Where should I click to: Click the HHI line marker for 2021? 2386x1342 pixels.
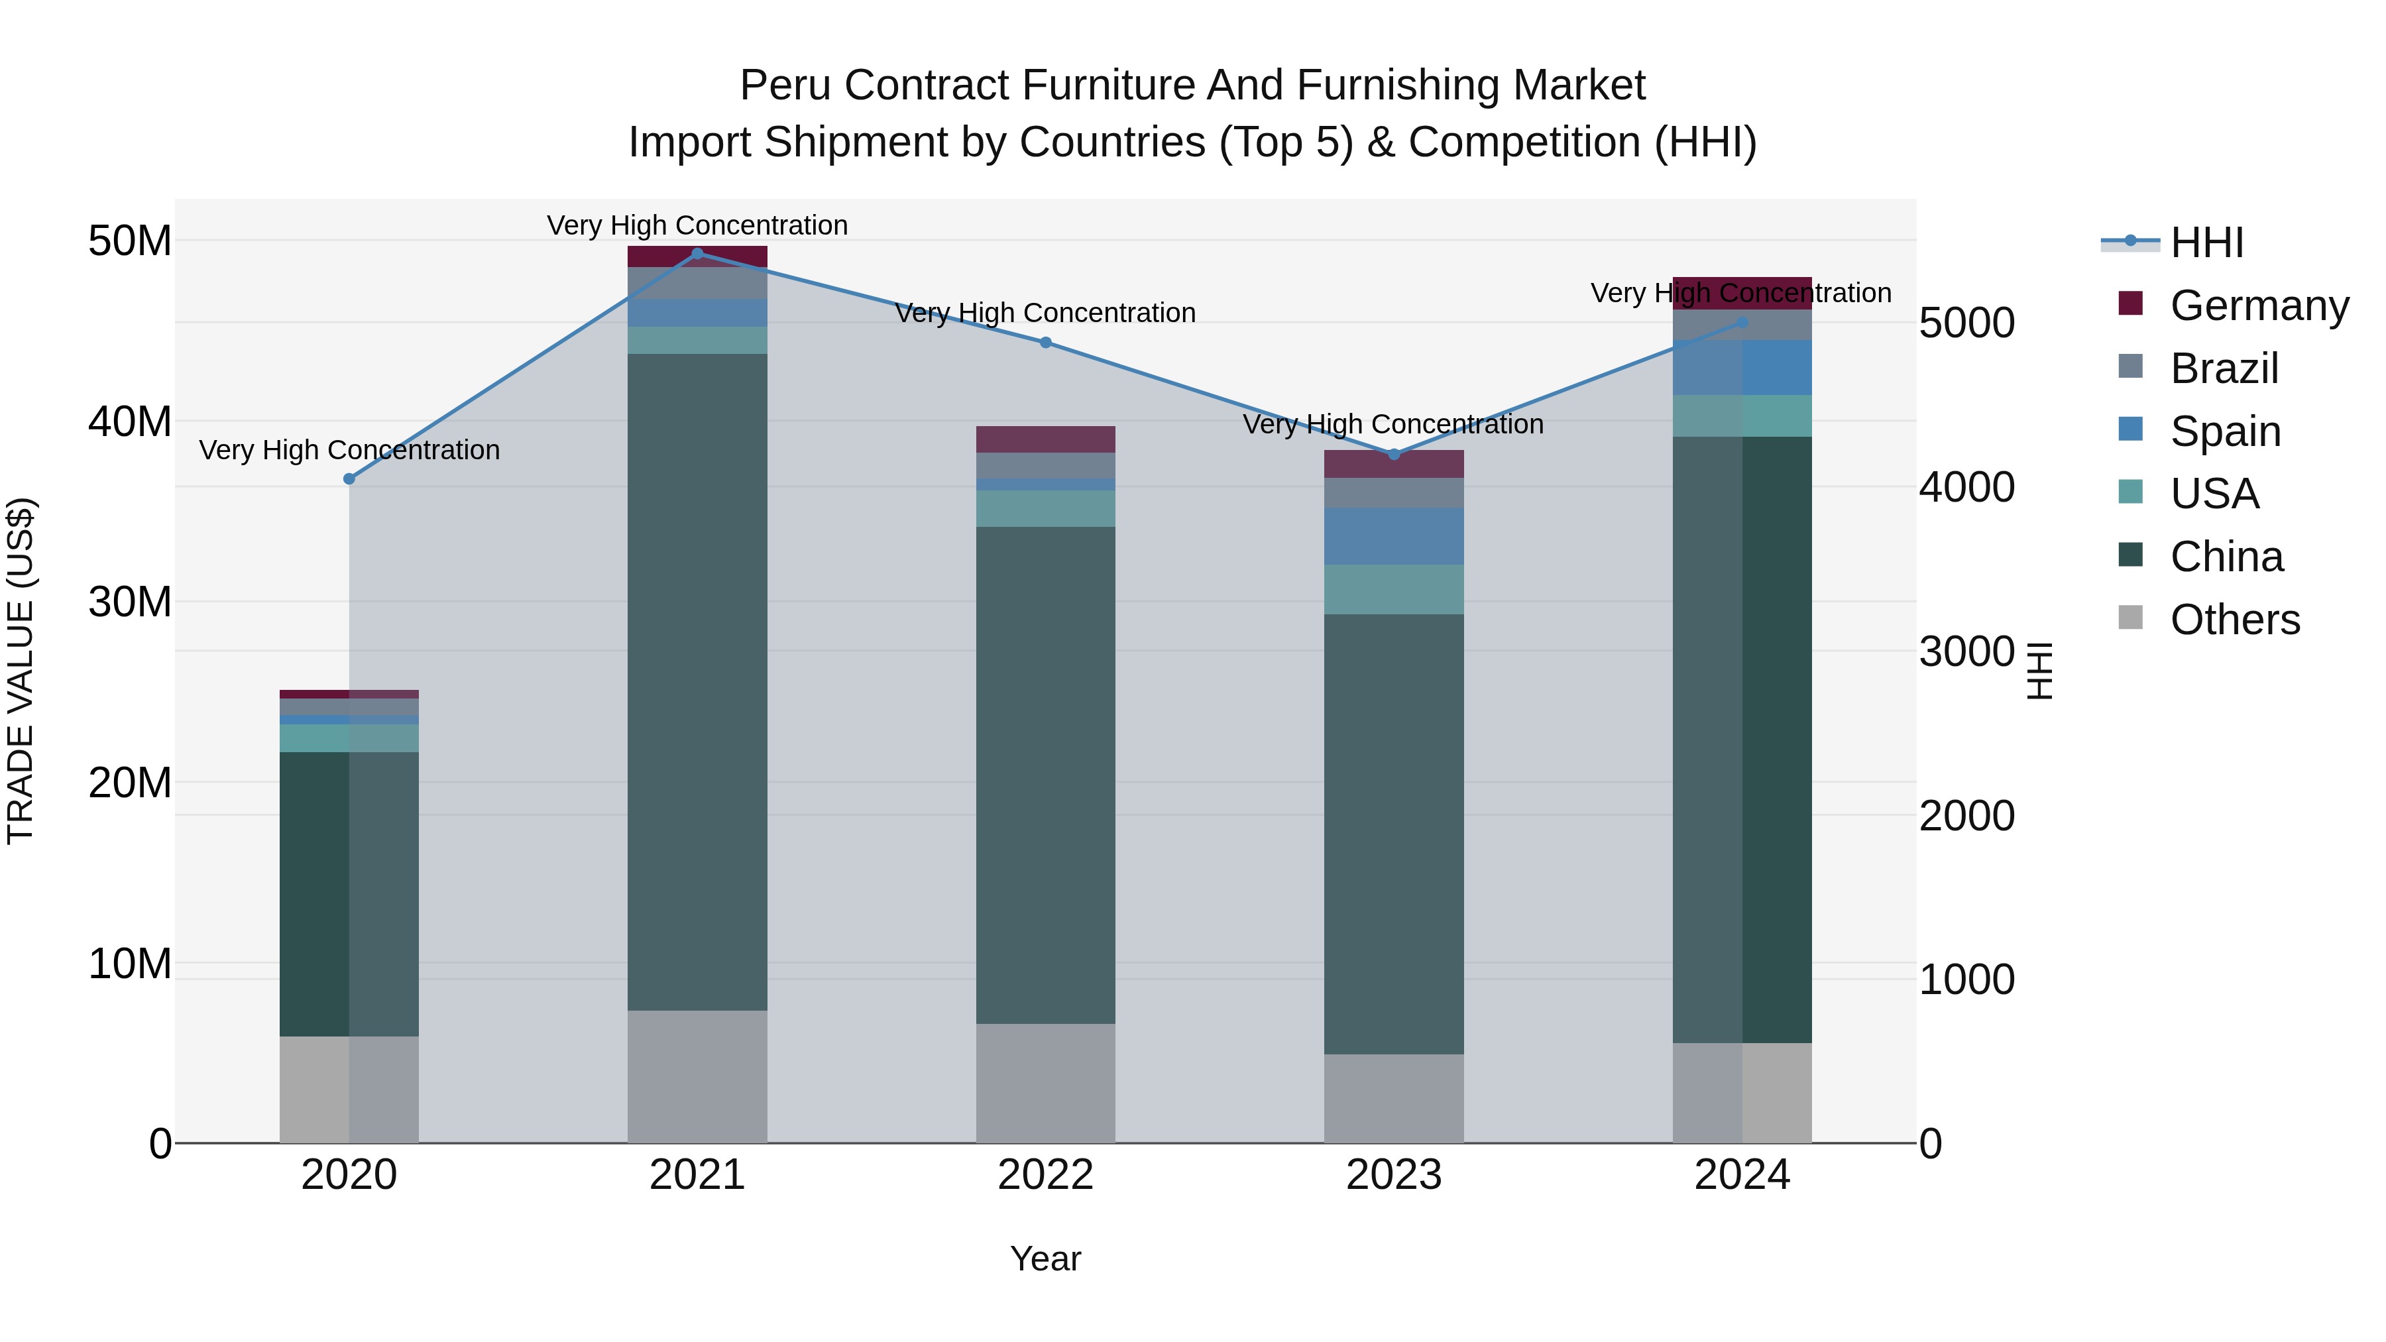[x=697, y=253]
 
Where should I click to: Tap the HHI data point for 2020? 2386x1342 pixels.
[x=349, y=479]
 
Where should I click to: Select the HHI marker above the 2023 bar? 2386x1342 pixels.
[x=1394, y=454]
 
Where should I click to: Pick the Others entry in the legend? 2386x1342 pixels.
[x=2234, y=620]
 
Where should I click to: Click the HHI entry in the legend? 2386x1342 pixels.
[x=2206, y=243]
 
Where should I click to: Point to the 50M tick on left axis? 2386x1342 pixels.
[x=130, y=241]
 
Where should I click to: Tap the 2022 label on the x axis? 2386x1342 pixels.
[x=1046, y=1175]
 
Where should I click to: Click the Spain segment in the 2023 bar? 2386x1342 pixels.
[x=1394, y=535]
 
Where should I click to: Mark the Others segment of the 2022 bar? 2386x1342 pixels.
[x=1046, y=1083]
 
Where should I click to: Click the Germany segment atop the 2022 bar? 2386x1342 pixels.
[x=1046, y=439]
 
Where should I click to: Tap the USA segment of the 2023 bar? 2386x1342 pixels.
[x=1394, y=589]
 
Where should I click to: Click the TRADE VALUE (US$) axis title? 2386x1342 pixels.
[x=21, y=671]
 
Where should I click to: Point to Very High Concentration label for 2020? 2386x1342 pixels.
[x=349, y=450]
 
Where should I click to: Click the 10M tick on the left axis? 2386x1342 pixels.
[x=130, y=963]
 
